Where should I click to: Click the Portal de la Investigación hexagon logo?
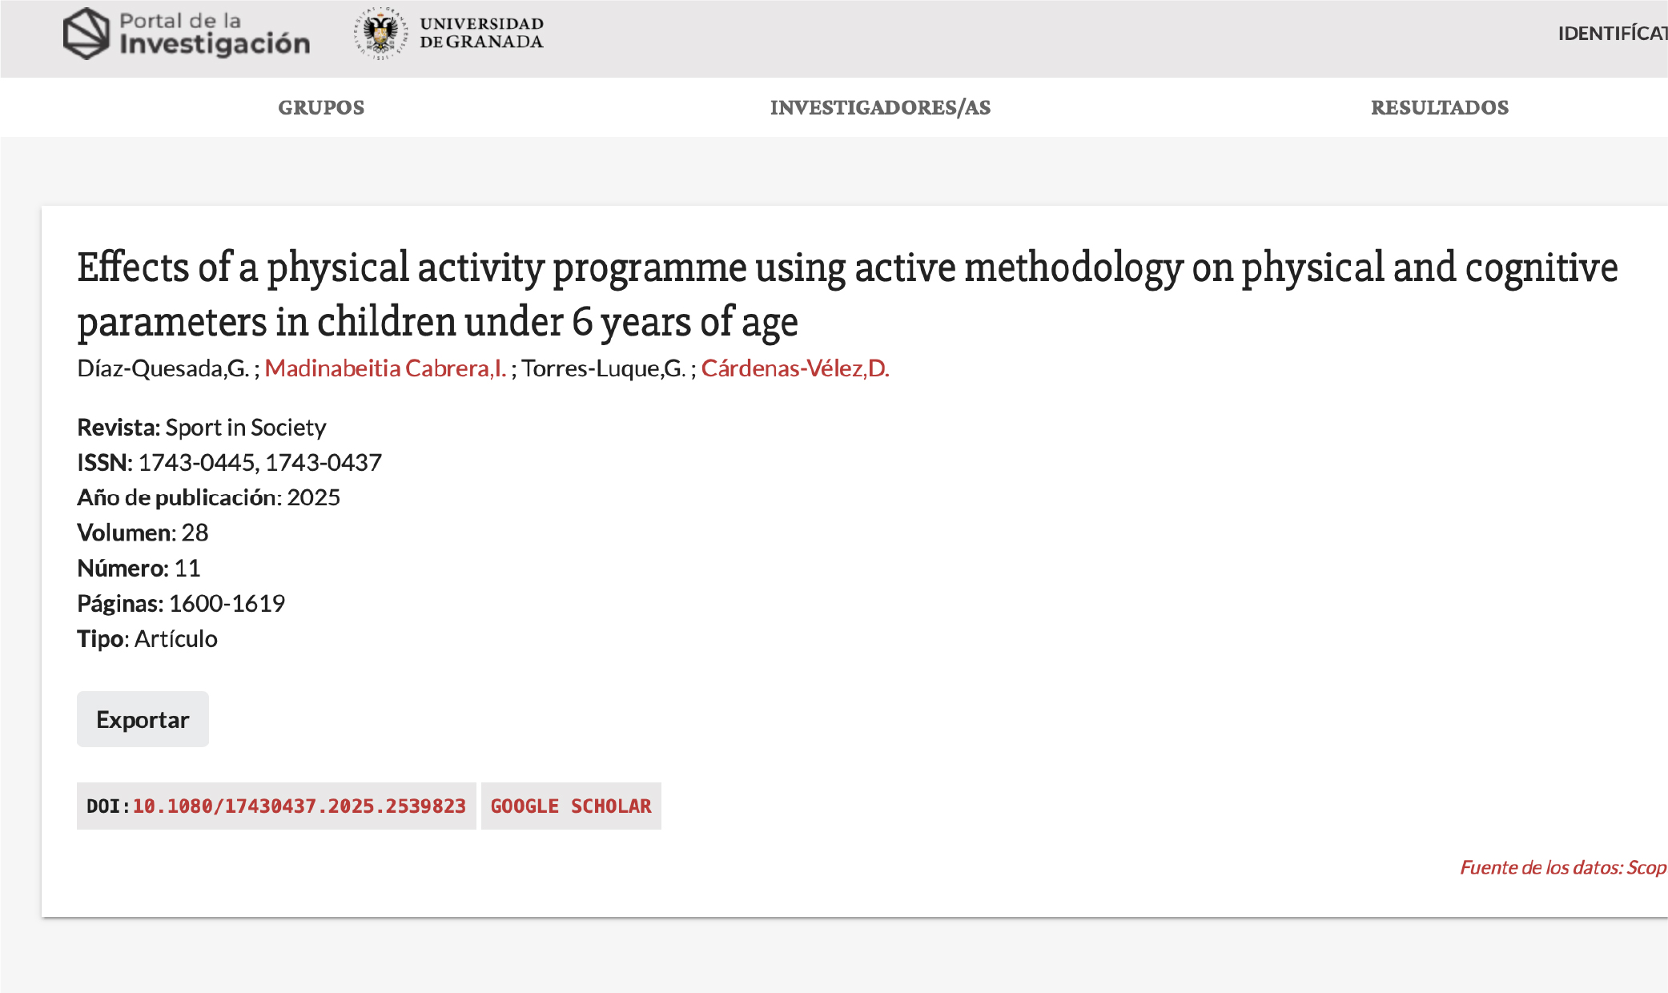pyautogui.click(x=86, y=34)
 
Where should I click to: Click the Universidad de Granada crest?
pyautogui.click(x=381, y=34)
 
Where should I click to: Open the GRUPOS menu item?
pyautogui.click(x=321, y=107)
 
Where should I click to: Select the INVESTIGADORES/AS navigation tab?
pyautogui.click(x=880, y=107)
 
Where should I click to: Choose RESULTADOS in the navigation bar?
pyautogui.click(x=1440, y=107)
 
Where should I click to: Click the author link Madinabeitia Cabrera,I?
pyautogui.click(x=385, y=368)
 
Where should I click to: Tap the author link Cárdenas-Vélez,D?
pyautogui.click(x=795, y=368)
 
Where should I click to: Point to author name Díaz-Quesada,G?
pyautogui.click(x=163, y=368)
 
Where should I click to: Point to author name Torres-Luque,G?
pyautogui.click(x=604, y=368)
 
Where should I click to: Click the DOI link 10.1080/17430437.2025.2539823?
pyautogui.click(x=299, y=806)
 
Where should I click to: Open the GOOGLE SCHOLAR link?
pyautogui.click(x=571, y=806)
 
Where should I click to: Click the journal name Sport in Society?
pyautogui.click(x=246, y=428)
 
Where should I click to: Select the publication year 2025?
pyautogui.click(x=314, y=497)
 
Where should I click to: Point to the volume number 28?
pyautogui.click(x=195, y=533)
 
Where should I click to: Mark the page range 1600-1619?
pyautogui.click(x=227, y=603)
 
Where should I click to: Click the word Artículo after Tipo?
pyautogui.click(x=176, y=638)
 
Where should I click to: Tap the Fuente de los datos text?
pyautogui.click(x=1563, y=867)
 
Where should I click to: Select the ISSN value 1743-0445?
pyautogui.click(x=197, y=462)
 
